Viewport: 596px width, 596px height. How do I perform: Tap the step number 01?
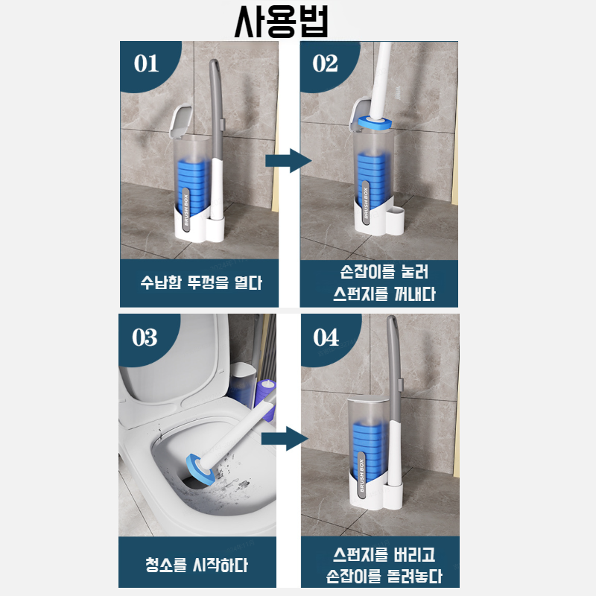click(x=147, y=63)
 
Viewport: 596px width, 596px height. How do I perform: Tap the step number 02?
click(x=326, y=63)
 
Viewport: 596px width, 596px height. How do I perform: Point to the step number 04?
click(x=326, y=337)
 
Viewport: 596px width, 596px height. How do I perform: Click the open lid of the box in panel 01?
click(x=179, y=121)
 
